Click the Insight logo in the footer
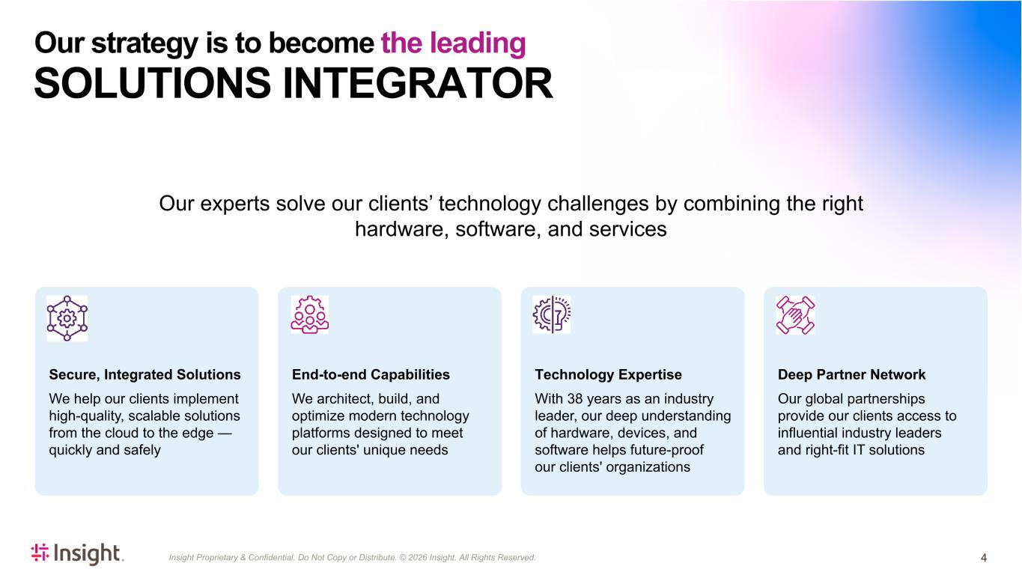77,553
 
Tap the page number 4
984,558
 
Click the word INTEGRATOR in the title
418,83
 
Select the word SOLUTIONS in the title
153,83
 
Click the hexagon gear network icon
67,318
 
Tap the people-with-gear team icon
310,314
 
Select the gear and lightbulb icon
552,314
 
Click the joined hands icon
795,315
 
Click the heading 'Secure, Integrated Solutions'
145,374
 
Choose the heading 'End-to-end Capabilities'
371,374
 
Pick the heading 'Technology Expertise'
608,374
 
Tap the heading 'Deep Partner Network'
851,374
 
